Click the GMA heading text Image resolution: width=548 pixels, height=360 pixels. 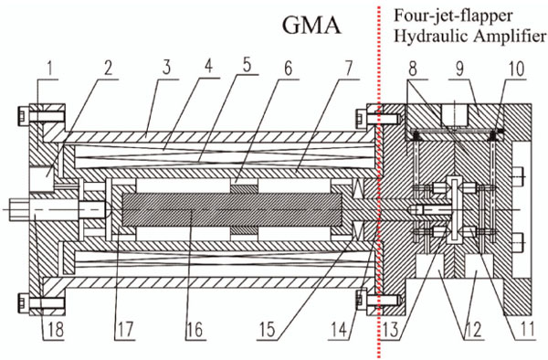click(311, 26)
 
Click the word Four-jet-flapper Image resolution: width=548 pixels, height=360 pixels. click(453, 16)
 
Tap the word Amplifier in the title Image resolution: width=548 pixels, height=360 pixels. click(510, 36)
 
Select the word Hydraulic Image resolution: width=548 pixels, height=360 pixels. click(432, 37)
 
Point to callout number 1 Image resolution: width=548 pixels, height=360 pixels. click(50, 69)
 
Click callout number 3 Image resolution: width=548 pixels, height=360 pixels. click(166, 68)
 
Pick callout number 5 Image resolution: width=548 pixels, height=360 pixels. click(248, 66)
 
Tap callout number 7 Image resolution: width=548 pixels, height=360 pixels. click(349, 69)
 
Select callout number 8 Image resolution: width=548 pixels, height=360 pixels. click(413, 69)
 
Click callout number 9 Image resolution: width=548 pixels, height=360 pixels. click(460, 69)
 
